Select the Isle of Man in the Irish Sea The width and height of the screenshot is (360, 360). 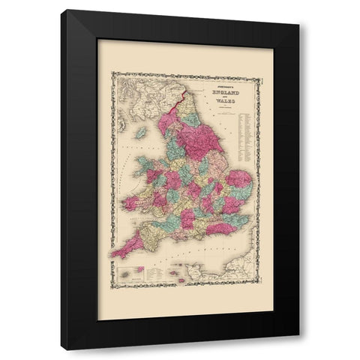click(139, 133)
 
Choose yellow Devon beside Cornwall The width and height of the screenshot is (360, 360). click(145, 232)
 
